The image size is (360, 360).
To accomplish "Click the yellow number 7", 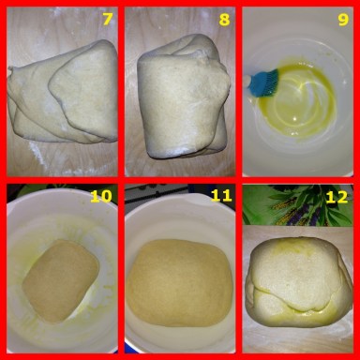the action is tap(107, 20).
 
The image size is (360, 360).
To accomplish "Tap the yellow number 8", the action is tap(224, 20).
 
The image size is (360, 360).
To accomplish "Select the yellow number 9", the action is tap(343, 20).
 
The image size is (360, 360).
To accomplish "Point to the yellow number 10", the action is tap(100, 196).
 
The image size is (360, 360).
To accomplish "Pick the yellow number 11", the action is tap(221, 196).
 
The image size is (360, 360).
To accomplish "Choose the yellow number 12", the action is tap(337, 197).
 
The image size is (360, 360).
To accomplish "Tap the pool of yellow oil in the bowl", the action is tap(295, 100).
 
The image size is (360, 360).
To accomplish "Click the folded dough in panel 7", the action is tap(64, 92).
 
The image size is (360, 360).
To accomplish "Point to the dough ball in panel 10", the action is tap(61, 280).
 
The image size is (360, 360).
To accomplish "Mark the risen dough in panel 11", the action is tap(180, 283).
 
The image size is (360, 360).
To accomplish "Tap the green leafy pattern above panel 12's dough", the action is tap(297, 204).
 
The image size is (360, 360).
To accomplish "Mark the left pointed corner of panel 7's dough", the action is tap(10, 69).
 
